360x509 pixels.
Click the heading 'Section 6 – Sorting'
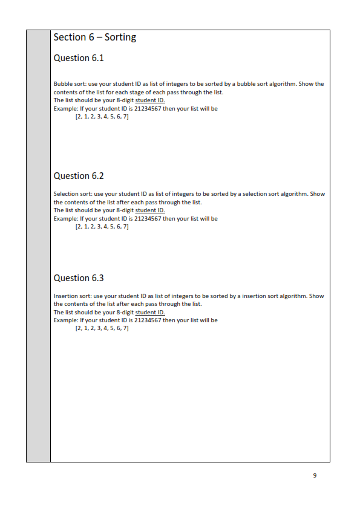95,37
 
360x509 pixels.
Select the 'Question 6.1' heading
79,59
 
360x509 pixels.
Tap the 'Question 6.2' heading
79,176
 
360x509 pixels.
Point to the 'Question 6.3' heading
79,278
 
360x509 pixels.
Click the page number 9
315,475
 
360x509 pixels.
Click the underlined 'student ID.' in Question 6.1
150,100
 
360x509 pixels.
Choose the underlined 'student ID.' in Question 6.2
150,210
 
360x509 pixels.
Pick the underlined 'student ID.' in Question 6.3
150,313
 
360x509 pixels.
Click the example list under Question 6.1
102,117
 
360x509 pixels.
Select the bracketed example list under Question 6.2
102,227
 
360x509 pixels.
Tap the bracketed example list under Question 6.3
102,329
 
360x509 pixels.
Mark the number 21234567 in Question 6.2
148,218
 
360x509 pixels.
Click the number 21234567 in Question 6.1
148,109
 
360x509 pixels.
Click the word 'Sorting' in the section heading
120,37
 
